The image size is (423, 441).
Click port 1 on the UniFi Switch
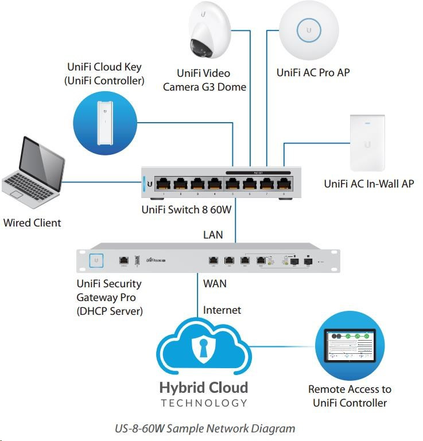tap(164, 184)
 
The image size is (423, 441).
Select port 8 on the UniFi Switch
tap(283, 184)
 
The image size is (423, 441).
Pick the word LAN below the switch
tap(213, 235)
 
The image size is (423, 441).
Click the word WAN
tap(215, 283)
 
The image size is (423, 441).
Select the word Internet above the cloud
tap(222, 310)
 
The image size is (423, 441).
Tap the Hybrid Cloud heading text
tap(204, 388)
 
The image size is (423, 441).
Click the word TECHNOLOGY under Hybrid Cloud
tap(204, 403)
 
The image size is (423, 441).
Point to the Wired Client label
tap(32, 223)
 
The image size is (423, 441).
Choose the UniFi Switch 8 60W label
tap(187, 210)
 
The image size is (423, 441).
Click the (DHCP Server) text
tap(110, 311)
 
